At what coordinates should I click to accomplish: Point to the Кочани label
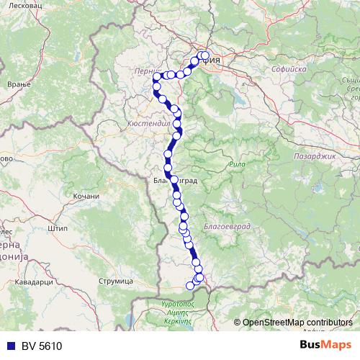(x=86, y=196)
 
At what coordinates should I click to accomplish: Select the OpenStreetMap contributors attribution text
(x=297, y=322)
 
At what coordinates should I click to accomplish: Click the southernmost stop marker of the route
(x=191, y=286)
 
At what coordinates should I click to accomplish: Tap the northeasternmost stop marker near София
(x=205, y=55)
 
